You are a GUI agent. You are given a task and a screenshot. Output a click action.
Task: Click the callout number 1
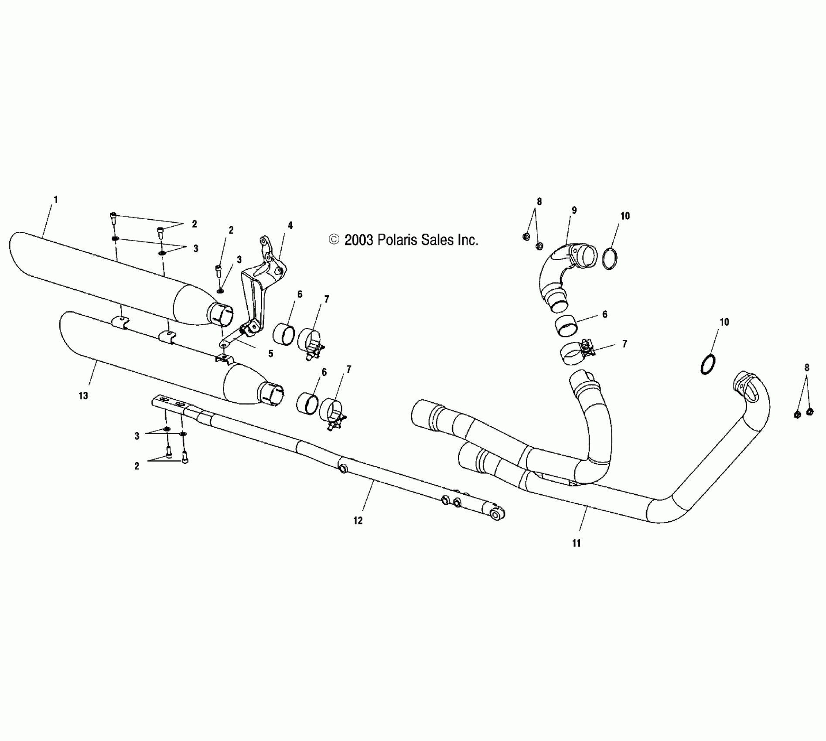[55, 200]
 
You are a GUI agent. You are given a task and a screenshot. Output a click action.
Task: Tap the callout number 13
[83, 396]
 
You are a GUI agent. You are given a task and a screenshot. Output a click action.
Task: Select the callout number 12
[358, 520]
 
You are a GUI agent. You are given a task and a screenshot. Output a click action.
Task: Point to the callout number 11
[577, 543]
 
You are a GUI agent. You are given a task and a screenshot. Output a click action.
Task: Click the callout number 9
[574, 211]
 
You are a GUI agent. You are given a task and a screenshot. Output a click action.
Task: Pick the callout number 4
[290, 225]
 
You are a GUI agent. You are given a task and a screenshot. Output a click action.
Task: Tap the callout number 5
[270, 354]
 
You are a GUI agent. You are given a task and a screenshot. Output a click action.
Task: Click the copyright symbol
[334, 240]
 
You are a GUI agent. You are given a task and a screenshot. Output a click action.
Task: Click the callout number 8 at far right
[806, 368]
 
